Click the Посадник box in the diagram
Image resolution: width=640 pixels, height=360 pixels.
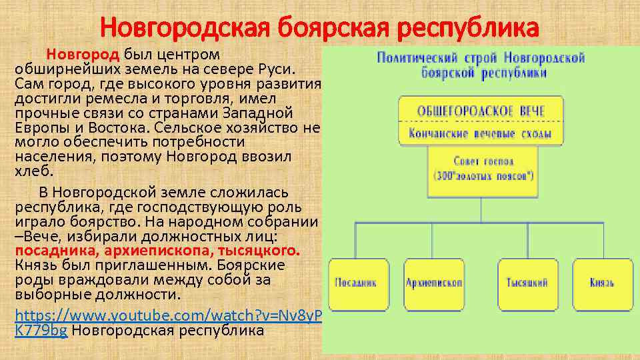point(355,283)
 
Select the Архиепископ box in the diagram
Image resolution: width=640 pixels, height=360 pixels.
point(434,283)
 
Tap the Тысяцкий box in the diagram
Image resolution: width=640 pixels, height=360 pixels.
point(527,283)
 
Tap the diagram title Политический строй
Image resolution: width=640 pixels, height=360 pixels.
point(481,65)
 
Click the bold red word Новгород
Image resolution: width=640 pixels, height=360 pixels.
point(82,55)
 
